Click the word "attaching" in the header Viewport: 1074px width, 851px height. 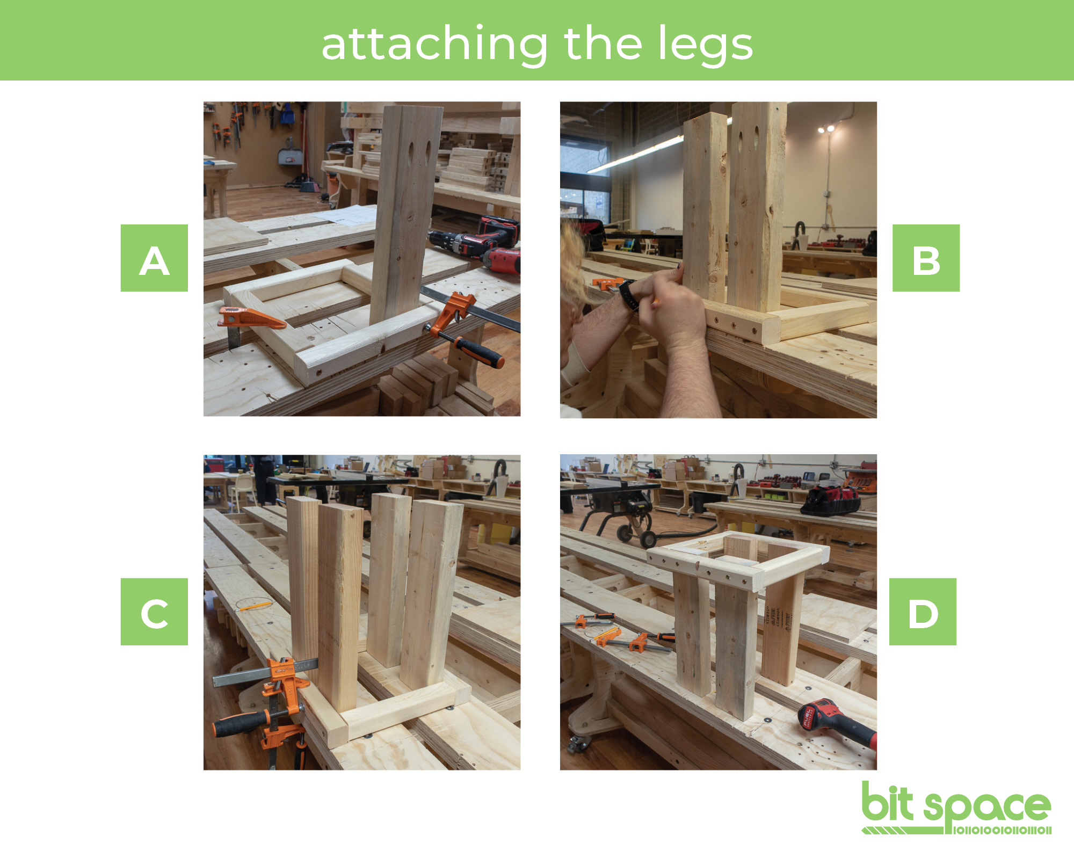[435, 45]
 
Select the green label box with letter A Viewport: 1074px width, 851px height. [154, 258]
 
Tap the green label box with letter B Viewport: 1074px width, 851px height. [926, 258]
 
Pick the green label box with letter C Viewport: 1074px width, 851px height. [154, 612]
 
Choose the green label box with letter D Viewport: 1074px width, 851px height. [923, 612]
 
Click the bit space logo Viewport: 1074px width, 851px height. [956, 808]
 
